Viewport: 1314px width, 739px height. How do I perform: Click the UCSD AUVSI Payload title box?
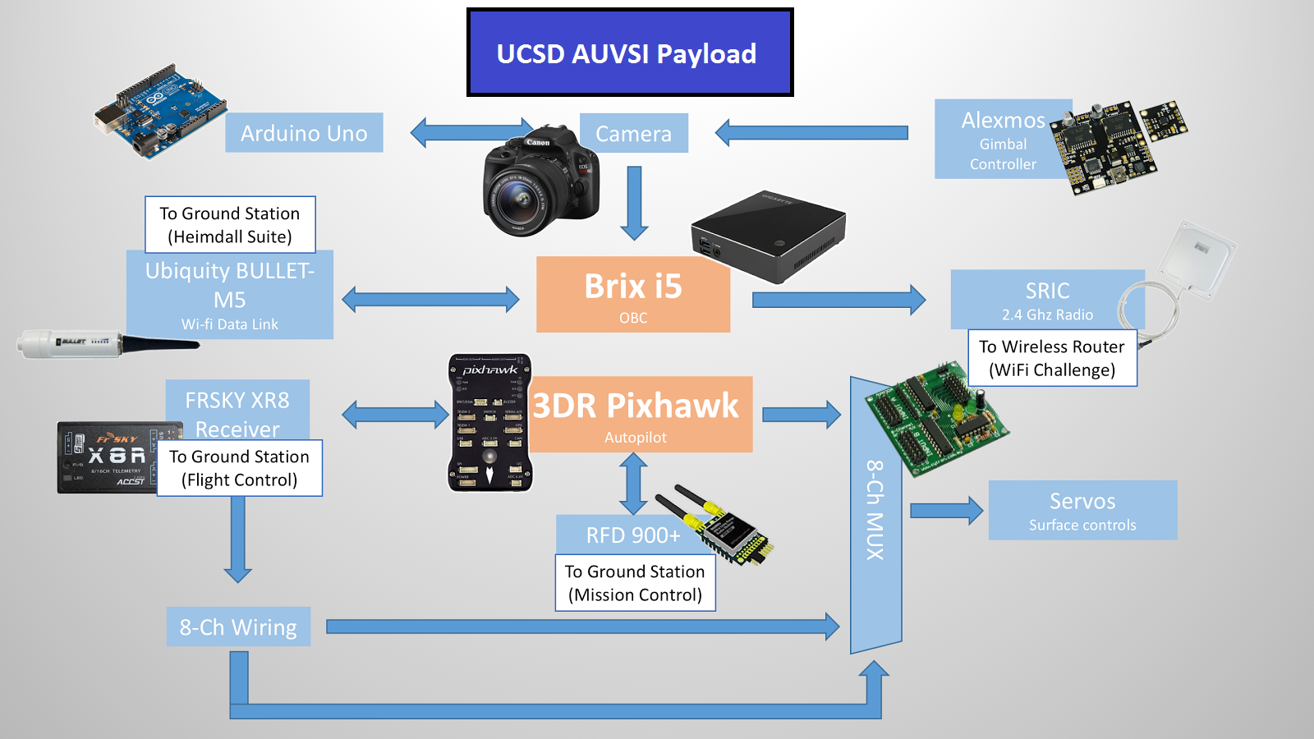pyautogui.click(x=630, y=53)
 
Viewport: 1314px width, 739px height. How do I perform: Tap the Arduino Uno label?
pyautogui.click(x=304, y=133)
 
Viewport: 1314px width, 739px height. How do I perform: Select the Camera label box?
pyautogui.click(x=633, y=133)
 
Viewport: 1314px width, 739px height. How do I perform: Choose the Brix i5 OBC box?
pyautogui.click(x=632, y=294)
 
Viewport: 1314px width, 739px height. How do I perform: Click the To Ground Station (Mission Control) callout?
pyautogui.click(x=635, y=583)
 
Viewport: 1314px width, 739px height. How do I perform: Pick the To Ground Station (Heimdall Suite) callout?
pyautogui.click(x=230, y=224)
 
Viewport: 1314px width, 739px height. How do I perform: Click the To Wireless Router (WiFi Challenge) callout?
pyautogui.click(x=1052, y=358)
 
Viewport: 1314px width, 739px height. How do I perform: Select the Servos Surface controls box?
pyautogui.click(x=1082, y=510)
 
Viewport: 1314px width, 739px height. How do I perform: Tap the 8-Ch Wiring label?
pyautogui.click(x=238, y=627)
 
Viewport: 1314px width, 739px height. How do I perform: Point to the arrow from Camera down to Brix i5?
pyautogui.click(x=634, y=202)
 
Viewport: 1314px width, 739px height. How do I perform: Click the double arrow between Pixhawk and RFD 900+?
pyautogui.click(x=632, y=484)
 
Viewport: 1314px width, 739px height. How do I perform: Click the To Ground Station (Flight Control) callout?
pyautogui.click(x=240, y=468)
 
